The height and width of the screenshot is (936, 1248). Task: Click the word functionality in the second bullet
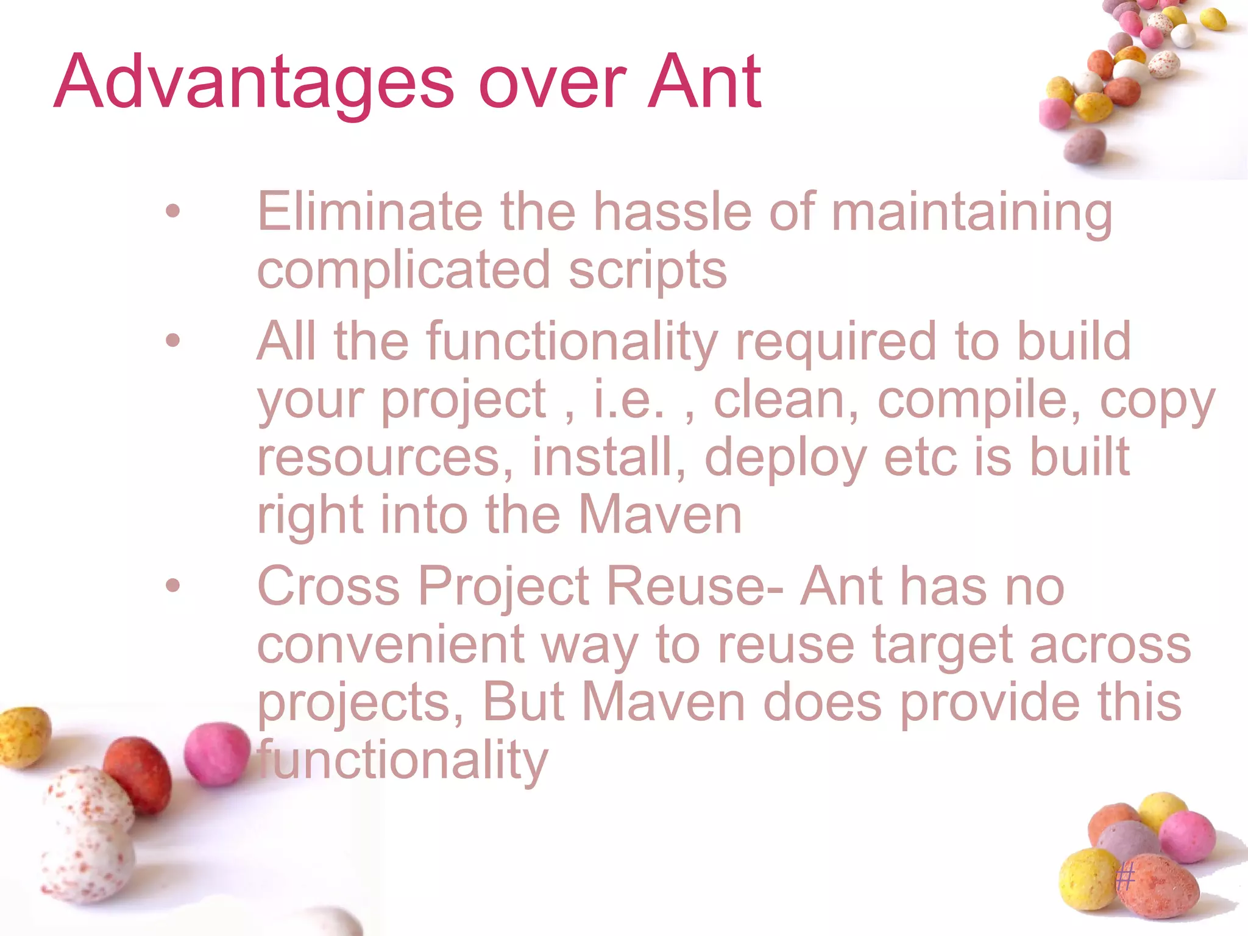[x=572, y=341]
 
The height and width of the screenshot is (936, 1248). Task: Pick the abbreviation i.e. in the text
[x=628, y=400]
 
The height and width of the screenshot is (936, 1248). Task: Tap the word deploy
[x=785, y=458]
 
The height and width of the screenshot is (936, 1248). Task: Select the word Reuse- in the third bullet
[x=695, y=586]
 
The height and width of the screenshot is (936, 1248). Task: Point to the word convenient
[x=391, y=645]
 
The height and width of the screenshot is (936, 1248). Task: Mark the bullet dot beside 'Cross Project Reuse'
[x=173, y=586]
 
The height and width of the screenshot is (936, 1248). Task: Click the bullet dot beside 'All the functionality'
[x=173, y=340]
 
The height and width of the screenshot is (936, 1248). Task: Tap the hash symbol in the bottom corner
[x=1125, y=877]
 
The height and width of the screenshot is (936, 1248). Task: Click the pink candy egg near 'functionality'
[x=217, y=753]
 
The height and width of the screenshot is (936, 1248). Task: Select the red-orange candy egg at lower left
[x=138, y=774]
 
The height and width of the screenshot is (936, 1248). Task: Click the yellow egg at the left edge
[x=23, y=736]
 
